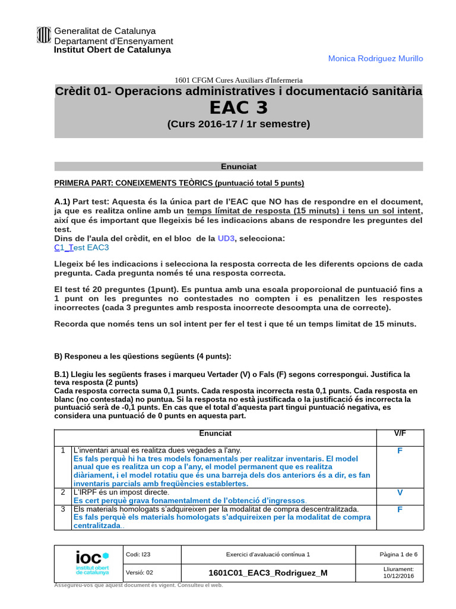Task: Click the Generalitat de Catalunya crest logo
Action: coord(44,36)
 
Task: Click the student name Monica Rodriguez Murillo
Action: coord(376,58)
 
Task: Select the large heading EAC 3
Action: coord(238,108)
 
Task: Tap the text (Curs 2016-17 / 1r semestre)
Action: coord(238,124)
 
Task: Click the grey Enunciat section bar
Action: coord(238,167)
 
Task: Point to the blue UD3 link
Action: coord(226,238)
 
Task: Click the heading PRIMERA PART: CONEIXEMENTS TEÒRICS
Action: coord(179,183)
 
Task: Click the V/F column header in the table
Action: coord(400,434)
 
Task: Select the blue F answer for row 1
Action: coord(400,451)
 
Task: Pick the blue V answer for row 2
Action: coord(400,492)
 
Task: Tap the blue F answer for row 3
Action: coord(400,510)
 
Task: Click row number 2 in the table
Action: coord(62,492)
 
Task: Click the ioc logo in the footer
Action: coord(92,563)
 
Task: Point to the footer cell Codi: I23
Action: coord(138,554)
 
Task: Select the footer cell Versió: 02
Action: coord(140,573)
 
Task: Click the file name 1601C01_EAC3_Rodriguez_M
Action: coord(268,573)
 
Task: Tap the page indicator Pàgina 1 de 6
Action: coord(398,554)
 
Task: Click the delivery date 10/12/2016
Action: coord(398,576)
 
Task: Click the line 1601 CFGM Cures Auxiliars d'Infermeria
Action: coord(238,80)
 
